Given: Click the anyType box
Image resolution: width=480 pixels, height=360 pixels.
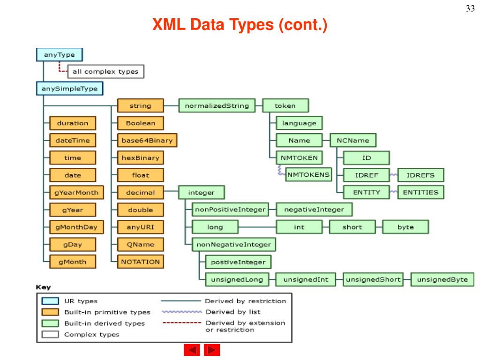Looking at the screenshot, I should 59,55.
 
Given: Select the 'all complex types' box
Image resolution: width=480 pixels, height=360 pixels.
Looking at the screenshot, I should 105,72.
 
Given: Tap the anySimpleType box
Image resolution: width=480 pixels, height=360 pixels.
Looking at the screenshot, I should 70,89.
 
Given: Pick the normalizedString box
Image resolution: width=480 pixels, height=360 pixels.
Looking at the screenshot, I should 217,106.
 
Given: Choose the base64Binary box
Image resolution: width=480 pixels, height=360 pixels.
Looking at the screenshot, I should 141,140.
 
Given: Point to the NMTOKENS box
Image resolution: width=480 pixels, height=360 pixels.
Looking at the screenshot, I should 308,175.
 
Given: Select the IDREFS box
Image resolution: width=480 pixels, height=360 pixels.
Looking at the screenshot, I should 420,175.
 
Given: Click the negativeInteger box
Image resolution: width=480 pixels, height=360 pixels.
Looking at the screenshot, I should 314,210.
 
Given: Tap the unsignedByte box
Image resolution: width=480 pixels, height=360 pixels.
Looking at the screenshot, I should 442,280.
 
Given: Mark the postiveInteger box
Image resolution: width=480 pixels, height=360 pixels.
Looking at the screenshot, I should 239,262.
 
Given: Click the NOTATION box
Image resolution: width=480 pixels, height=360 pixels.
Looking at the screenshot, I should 141,262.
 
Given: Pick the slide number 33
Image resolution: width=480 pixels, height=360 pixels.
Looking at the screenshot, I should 470,9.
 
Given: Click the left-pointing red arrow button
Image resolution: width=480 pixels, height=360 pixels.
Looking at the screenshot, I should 192,350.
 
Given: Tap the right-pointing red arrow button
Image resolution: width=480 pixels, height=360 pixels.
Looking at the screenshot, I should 212,350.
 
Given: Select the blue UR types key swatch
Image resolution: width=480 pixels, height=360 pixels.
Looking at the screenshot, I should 50,301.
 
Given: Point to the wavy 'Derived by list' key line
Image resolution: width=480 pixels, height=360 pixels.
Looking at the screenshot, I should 182,312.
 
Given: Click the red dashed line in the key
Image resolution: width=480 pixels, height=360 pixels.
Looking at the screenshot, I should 182,323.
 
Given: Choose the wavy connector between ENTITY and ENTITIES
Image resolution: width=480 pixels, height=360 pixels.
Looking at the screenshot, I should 393,192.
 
